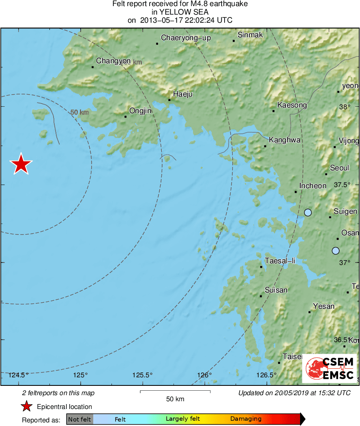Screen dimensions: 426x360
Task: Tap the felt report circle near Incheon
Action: point(308,212)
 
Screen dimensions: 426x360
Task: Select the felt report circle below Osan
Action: point(335,251)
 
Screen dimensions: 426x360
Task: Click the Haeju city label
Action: point(183,94)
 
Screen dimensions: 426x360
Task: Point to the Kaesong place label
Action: point(292,105)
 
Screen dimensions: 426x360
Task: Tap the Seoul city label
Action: point(339,168)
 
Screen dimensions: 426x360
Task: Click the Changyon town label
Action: point(113,61)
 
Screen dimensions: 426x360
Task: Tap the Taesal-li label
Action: point(280,260)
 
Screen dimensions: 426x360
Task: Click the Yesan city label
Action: point(324,306)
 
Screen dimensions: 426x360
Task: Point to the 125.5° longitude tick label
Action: point(143,375)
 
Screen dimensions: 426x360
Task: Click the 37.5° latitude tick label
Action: point(342,185)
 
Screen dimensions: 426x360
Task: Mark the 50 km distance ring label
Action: point(79,112)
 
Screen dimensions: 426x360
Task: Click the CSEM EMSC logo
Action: point(329,368)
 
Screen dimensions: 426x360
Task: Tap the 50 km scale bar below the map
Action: point(175,392)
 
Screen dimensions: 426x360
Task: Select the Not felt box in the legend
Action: point(79,419)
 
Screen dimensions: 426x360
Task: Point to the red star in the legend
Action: point(27,406)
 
